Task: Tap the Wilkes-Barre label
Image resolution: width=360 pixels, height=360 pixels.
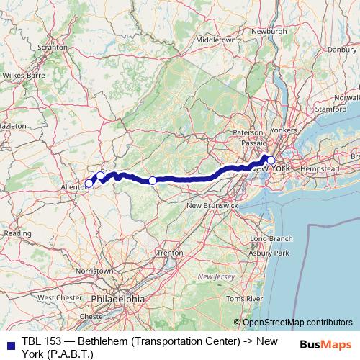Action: click(x=23, y=74)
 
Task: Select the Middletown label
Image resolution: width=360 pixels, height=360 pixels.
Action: click(x=215, y=40)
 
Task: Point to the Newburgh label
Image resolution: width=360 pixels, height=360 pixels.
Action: click(x=270, y=31)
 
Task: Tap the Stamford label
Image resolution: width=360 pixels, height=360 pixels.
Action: click(x=331, y=109)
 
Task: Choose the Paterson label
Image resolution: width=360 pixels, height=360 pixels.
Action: click(x=248, y=133)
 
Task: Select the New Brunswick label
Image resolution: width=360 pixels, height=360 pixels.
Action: click(x=212, y=206)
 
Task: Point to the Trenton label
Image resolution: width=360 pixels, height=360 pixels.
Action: click(x=170, y=253)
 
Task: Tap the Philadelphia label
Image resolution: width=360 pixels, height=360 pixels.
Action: click(x=120, y=298)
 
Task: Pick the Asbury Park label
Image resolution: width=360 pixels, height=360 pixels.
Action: click(x=271, y=253)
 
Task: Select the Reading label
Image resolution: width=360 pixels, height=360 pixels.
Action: click(x=17, y=233)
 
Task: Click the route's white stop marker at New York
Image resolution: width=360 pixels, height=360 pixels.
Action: click(x=270, y=161)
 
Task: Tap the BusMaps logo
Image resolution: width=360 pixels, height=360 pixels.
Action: click(x=329, y=344)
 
